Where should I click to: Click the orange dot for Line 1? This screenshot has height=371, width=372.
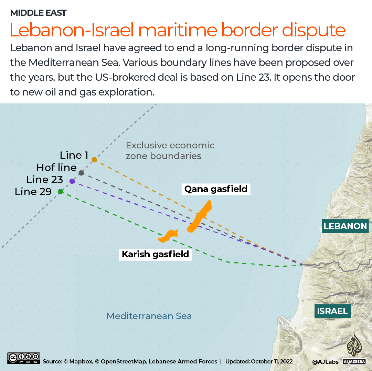(x=94, y=160)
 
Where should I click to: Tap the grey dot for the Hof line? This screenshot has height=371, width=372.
(x=81, y=173)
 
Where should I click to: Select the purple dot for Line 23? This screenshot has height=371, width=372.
(x=72, y=181)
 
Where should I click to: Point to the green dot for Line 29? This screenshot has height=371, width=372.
(x=61, y=192)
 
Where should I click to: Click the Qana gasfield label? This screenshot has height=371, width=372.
(x=216, y=189)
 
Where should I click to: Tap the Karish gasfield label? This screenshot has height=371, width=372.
(x=156, y=254)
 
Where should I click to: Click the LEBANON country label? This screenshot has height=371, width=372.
(x=345, y=226)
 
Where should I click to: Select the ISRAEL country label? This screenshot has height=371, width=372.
(x=332, y=311)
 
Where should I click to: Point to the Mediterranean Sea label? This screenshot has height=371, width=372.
(x=149, y=316)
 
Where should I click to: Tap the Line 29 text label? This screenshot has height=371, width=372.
(x=33, y=192)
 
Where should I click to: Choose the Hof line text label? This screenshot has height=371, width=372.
(x=56, y=168)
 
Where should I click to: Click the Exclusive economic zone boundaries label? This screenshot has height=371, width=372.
(x=170, y=150)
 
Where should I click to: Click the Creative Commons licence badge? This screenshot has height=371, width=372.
(x=23, y=358)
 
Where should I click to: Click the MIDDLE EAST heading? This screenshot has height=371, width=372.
(x=38, y=13)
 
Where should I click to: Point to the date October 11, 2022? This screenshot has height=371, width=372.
(x=272, y=361)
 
